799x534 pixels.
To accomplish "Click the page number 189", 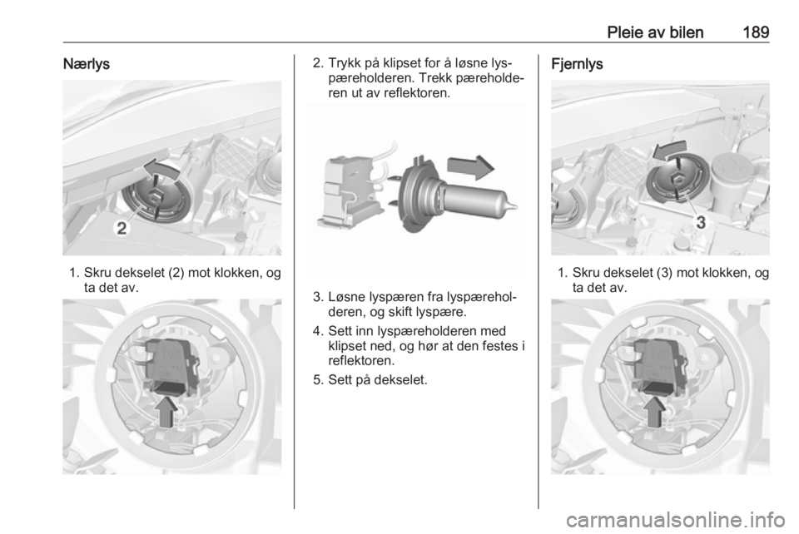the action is (x=756, y=32).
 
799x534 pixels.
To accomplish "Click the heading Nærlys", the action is (x=86, y=64).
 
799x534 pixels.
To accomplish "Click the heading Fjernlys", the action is (x=577, y=64).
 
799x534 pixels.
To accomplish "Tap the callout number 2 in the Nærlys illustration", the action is (x=122, y=228).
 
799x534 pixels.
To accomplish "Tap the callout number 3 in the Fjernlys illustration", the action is (x=701, y=222).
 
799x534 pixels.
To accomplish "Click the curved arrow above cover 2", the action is (x=161, y=170).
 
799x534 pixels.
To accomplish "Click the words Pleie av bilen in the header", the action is (x=655, y=32).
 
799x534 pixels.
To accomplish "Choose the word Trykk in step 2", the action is (x=345, y=64).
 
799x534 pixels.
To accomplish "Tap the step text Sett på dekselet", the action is (x=378, y=380).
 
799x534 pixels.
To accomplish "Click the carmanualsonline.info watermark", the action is (x=676, y=520).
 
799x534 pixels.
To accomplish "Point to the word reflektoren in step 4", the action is (x=360, y=361).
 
